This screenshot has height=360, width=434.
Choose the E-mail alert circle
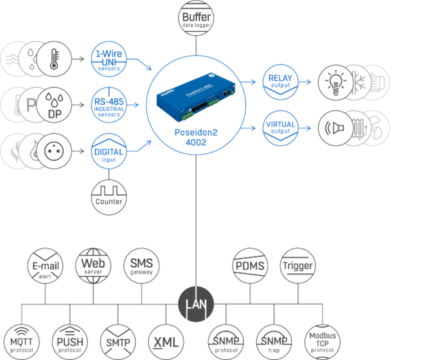[44, 265]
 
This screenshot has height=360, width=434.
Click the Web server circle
[94, 265]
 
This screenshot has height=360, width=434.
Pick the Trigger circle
[298, 265]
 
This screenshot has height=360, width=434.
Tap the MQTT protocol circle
[20, 337]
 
